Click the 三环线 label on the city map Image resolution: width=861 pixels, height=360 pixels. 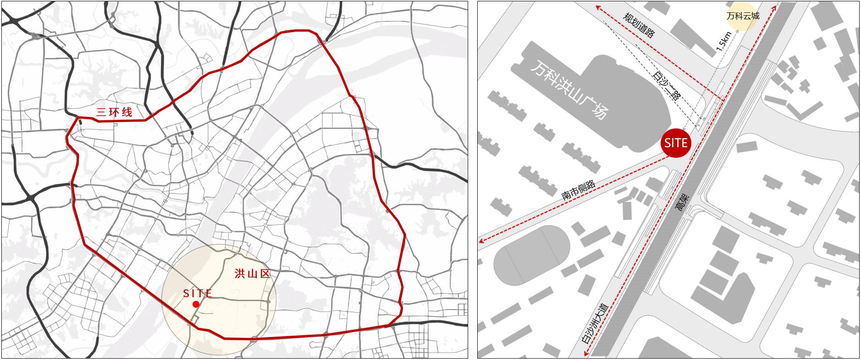(114, 112)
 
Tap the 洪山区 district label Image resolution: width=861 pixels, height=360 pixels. (251, 274)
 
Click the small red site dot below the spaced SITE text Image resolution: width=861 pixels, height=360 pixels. (196, 305)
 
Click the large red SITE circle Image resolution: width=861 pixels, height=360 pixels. (676, 143)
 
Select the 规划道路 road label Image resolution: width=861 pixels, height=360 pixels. (638, 25)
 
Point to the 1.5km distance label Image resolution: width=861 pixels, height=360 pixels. (722, 42)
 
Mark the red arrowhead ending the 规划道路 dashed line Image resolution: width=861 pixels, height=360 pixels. (598, 7)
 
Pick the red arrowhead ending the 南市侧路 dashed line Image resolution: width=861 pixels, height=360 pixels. (481, 240)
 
